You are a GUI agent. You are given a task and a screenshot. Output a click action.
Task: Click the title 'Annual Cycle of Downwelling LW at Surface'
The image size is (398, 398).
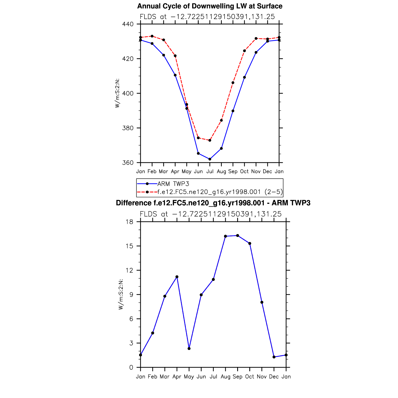pyautogui.click(x=210, y=6)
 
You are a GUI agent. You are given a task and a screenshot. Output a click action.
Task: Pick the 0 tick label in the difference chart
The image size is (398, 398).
pyautogui.click(x=131, y=367)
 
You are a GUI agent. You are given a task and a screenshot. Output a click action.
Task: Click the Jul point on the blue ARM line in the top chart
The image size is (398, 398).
pyautogui.click(x=210, y=159)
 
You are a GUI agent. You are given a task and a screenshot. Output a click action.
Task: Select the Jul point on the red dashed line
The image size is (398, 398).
pyautogui.click(x=210, y=140)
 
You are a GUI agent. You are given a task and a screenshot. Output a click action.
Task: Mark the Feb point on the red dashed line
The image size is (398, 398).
pyautogui.click(x=152, y=36)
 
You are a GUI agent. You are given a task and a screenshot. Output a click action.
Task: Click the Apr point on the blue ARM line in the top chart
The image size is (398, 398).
pyautogui.click(x=175, y=75)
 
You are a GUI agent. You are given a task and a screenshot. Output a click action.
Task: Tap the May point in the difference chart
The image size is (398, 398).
pyautogui.click(x=189, y=349)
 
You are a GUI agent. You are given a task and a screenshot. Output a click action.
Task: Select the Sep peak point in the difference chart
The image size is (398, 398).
pyautogui.click(x=237, y=236)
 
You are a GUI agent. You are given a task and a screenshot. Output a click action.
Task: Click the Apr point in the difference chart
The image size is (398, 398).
pyautogui.click(x=177, y=277)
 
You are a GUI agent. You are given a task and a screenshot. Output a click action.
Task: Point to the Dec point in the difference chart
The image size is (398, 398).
pyautogui.click(x=274, y=357)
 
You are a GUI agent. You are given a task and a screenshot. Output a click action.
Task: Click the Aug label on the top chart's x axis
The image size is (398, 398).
pyautogui.click(x=221, y=171)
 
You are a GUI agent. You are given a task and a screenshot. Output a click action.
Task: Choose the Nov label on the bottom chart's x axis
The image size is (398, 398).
pyautogui.click(x=262, y=377)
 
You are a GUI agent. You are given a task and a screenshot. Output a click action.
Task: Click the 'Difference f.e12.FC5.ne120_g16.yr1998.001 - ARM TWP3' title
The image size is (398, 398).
pyautogui.click(x=213, y=203)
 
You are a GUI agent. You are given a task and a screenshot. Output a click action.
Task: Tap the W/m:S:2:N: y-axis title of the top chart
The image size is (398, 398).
pyautogui.click(x=117, y=93)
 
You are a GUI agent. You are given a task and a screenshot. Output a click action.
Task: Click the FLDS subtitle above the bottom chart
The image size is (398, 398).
pyautogui.click(x=210, y=214)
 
